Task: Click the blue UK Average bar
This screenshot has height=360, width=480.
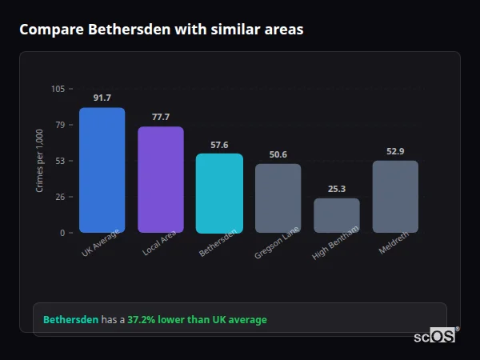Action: pos(102,170)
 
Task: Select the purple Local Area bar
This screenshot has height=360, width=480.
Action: pos(161,180)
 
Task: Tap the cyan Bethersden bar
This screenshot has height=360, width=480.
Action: pos(219,194)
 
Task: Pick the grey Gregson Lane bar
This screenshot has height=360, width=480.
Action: pos(278,198)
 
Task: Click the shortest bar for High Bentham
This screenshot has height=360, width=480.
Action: pos(336,216)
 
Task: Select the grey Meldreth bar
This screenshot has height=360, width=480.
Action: pos(395,197)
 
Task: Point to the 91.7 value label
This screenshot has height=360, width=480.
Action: pos(102,98)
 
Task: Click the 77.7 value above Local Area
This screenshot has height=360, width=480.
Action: pos(161,117)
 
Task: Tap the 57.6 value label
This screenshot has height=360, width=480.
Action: pos(219,145)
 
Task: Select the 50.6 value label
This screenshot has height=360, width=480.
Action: pos(278,154)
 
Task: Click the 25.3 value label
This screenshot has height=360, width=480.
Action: pos(336,189)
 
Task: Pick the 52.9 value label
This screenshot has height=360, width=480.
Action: pos(395,151)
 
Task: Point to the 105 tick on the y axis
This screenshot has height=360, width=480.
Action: pos(58,89)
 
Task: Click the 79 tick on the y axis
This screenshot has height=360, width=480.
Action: pos(60,125)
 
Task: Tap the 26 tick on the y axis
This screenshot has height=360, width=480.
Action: pos(60,197)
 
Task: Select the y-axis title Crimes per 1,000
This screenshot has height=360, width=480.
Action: pos(40,161)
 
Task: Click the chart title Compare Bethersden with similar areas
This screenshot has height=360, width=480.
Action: pos(161,30)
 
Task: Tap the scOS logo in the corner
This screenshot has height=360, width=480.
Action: pos(435,336)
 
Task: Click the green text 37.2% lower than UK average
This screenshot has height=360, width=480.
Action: pos(197,320)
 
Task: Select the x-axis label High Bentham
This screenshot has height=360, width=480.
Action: pos(337,242)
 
